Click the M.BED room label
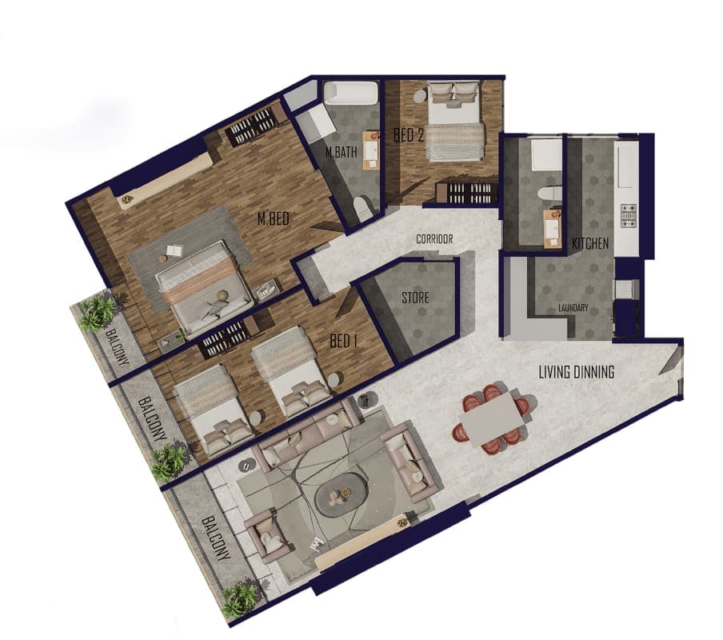273,218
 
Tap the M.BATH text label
342,152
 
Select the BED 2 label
408,135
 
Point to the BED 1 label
344,342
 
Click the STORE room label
415,298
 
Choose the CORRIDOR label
434,239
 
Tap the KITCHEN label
590,243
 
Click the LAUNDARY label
573,307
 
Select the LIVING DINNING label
577,372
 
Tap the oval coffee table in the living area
342,494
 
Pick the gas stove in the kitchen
628,217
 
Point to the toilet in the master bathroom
364,209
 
